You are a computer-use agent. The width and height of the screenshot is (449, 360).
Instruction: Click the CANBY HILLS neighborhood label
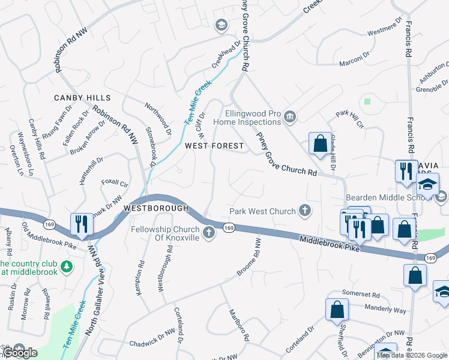(82, 98)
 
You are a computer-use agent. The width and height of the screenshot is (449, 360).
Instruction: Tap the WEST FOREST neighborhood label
(214, 146)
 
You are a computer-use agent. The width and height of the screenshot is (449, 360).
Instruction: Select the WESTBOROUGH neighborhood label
(156, 208)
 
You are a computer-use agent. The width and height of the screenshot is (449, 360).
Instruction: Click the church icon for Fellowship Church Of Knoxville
(209, 233)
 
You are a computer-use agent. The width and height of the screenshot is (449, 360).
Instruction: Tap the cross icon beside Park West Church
(305, 211)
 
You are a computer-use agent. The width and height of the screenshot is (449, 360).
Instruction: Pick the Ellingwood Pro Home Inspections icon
(290, 116)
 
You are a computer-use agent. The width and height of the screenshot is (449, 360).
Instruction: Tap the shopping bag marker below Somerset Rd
(337, 310)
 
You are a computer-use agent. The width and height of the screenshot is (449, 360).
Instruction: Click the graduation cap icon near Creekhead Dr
(221, 25)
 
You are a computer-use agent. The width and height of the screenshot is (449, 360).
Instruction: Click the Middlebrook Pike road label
(329, 243)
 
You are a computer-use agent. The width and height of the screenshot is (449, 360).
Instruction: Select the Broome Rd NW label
(249, 257)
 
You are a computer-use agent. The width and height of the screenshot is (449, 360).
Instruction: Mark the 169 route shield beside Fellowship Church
(229, 227)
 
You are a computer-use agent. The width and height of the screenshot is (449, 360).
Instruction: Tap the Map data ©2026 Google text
(411, 355)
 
